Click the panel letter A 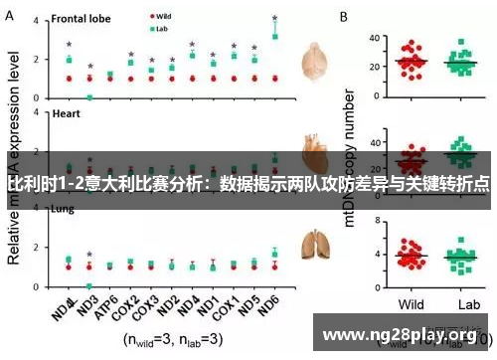10,17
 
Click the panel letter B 344,17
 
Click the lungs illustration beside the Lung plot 317,244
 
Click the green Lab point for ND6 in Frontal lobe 274,36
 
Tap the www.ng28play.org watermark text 406,335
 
